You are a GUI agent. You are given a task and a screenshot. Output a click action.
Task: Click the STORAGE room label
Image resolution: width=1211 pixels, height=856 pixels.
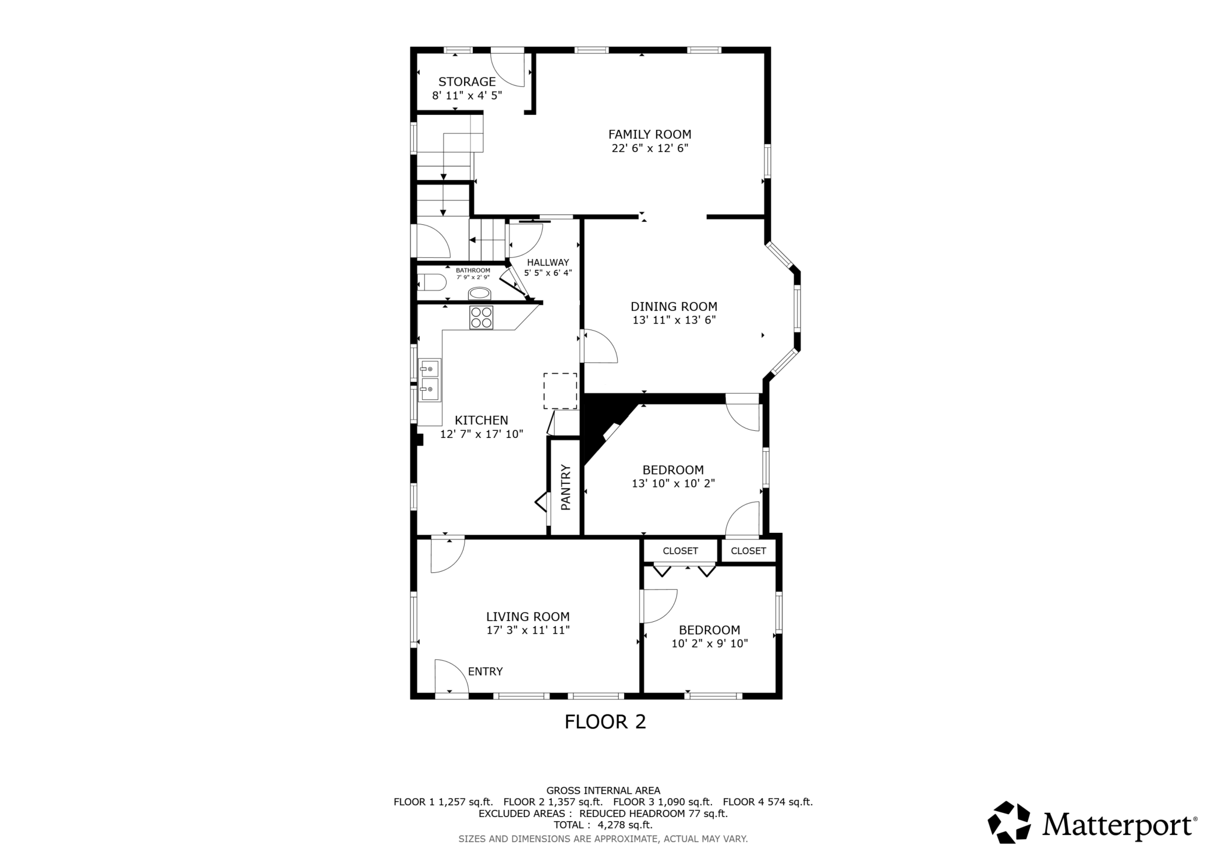coord(467,82)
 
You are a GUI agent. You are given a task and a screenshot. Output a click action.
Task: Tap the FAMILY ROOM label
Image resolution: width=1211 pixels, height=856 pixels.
coord(650,135)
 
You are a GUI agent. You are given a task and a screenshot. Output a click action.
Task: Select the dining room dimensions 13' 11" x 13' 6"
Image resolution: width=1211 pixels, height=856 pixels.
coord(674,320)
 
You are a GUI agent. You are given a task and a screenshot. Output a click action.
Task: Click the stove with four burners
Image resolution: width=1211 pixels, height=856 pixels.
coord(481,317)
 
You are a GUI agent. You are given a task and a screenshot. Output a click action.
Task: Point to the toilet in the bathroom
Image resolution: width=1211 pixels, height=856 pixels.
coord(431,282)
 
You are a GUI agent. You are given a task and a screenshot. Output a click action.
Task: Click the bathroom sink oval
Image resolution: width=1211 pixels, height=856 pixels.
coord(480,293)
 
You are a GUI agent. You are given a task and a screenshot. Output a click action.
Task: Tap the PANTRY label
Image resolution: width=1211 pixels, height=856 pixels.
coord(565,487)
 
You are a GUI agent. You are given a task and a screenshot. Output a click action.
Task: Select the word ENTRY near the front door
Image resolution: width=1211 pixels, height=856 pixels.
coord(485,671)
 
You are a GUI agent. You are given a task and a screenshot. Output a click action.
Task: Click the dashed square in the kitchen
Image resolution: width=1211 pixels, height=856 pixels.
coord(560,391)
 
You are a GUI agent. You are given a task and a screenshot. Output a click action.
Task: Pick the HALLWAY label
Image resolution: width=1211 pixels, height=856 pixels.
coord(548,263)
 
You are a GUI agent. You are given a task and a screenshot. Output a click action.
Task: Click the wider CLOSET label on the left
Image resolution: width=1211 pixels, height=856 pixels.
coord(680,551)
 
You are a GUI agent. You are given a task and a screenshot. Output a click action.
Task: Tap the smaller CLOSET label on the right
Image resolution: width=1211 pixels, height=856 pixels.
coord(748,551)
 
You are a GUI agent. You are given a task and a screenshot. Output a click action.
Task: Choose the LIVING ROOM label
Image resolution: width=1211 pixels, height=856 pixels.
coord(528,617)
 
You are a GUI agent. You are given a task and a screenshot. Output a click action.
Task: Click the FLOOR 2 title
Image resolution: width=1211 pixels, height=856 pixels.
coord(605,722)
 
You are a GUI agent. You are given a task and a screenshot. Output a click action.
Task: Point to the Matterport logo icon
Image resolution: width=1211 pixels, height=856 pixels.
coord(1009,822)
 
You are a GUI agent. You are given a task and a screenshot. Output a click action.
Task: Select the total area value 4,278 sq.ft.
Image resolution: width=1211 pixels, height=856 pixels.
coord(620,825)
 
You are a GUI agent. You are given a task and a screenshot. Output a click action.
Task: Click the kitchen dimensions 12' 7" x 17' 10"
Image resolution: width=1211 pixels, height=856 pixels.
coord(482,434)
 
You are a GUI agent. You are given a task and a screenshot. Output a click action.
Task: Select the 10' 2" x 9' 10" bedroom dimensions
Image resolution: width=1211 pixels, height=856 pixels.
coord(710,643)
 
